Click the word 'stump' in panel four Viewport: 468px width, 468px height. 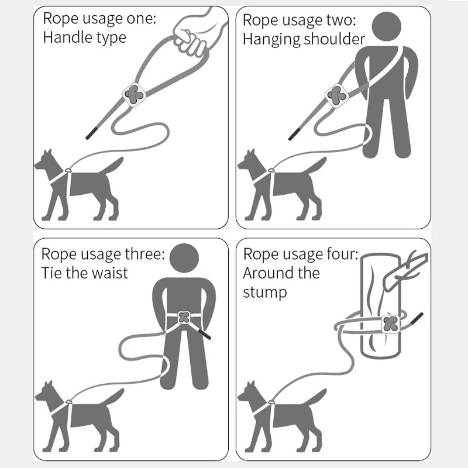pos(265,292)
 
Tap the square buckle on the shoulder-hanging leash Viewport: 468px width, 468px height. pos(337,95)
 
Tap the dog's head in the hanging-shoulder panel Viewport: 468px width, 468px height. pos(249,161)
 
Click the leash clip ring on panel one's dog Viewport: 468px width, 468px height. pos(68,170)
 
